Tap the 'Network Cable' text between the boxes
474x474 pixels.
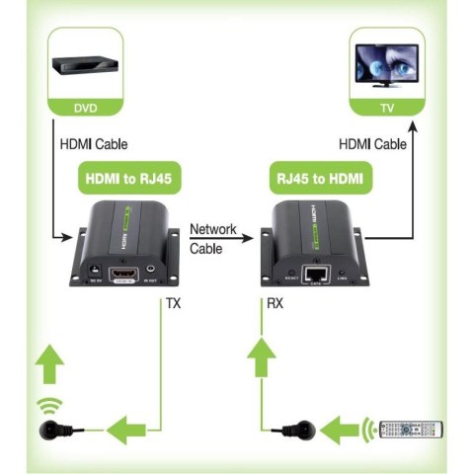(x=213, y=239)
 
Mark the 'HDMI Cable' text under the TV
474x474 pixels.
(x=372, y=145)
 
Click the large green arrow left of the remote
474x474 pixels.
(x=346, y=430)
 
